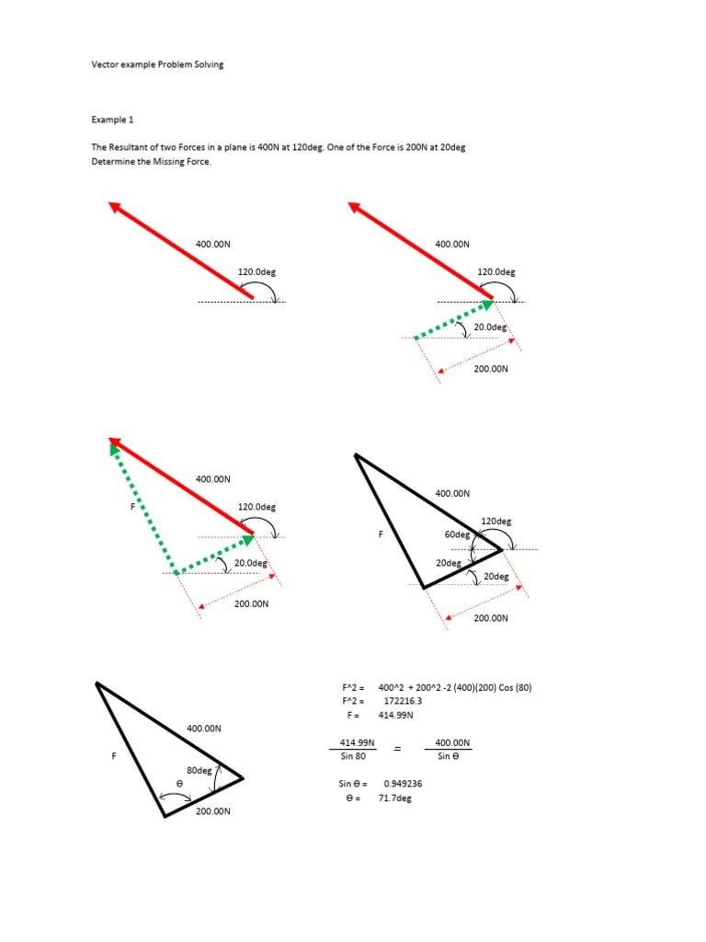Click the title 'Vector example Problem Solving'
pyautogui.click(x=157, y=65)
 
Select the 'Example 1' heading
pyautogui.click(x=112, y=120)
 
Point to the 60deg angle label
pyautogui.click(x=457, y=534)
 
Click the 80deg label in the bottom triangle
pyautogui.click(x=199, y=769)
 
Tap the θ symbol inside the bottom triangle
pyautogui.click(x=179, y=782)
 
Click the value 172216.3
pyautogui.click(x=404, y=700)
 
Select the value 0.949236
pyautogui.click(x=404, y=784)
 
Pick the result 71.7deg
pyautogui.click(x=395, y=798)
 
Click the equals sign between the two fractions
pyautogui.click(x=398, y=750)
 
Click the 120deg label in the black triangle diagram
pyautogui.click(x=496, y=521)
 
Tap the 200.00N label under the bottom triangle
pyautogui.click(x=212, y=811)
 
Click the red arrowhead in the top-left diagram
pyautogui.click(x=115, y=207)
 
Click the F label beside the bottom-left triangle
pyautogui.click(x=114, y=755)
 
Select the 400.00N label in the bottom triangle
pyautogui.click(x=204, y=728)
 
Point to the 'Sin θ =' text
pyautogui.click(x=353, y=784)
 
